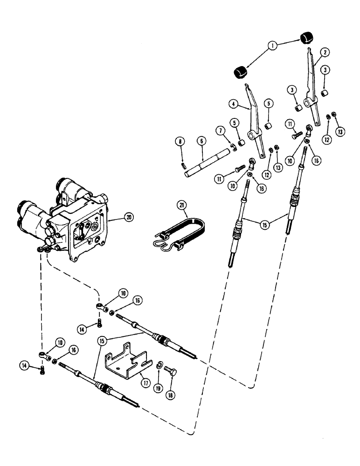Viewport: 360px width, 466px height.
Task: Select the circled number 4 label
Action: tap(232, 104)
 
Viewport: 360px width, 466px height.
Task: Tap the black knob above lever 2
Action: tap(305, 38)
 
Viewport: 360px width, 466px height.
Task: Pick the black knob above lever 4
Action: tap(240, 73)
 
